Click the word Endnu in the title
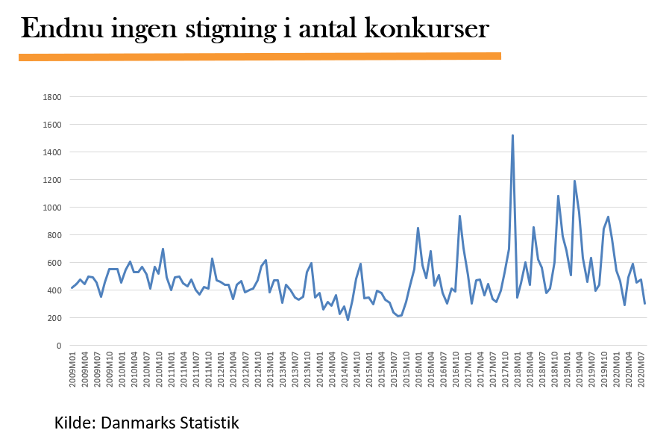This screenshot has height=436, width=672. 63,29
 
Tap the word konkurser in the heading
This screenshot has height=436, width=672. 427,29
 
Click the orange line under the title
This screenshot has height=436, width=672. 260,56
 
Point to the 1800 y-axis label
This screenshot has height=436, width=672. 52,97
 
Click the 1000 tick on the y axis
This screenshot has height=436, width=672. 52,208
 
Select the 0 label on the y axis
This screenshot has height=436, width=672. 59,346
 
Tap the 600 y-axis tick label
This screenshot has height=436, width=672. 54,263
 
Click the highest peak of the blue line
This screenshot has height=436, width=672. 512,136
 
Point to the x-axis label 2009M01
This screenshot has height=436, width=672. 72,369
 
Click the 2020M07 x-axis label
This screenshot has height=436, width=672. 641,369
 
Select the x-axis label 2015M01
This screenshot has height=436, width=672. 369,369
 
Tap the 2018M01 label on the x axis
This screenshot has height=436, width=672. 518,369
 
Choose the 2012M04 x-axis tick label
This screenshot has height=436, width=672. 233,369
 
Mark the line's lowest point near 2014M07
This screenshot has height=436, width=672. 348,320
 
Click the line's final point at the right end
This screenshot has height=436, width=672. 644,303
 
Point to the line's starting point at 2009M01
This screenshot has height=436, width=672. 72,288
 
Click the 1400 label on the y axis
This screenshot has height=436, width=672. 52,152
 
